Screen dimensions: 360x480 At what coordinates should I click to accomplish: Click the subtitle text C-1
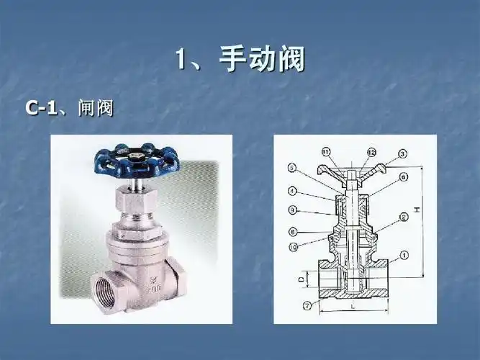point(41,108)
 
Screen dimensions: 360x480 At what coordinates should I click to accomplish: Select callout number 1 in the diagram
point(404,254)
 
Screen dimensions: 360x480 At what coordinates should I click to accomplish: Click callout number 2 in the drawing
point(404,216)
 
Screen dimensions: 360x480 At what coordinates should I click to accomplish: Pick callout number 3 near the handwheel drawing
point(402,153)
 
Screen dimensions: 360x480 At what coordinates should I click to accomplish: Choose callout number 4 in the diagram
point(293,192)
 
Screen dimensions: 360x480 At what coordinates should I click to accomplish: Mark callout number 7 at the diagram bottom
point(307,305)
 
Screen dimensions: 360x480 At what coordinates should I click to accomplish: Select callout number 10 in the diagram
point(293,248)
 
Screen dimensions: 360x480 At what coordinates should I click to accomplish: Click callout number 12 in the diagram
point(372,151)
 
